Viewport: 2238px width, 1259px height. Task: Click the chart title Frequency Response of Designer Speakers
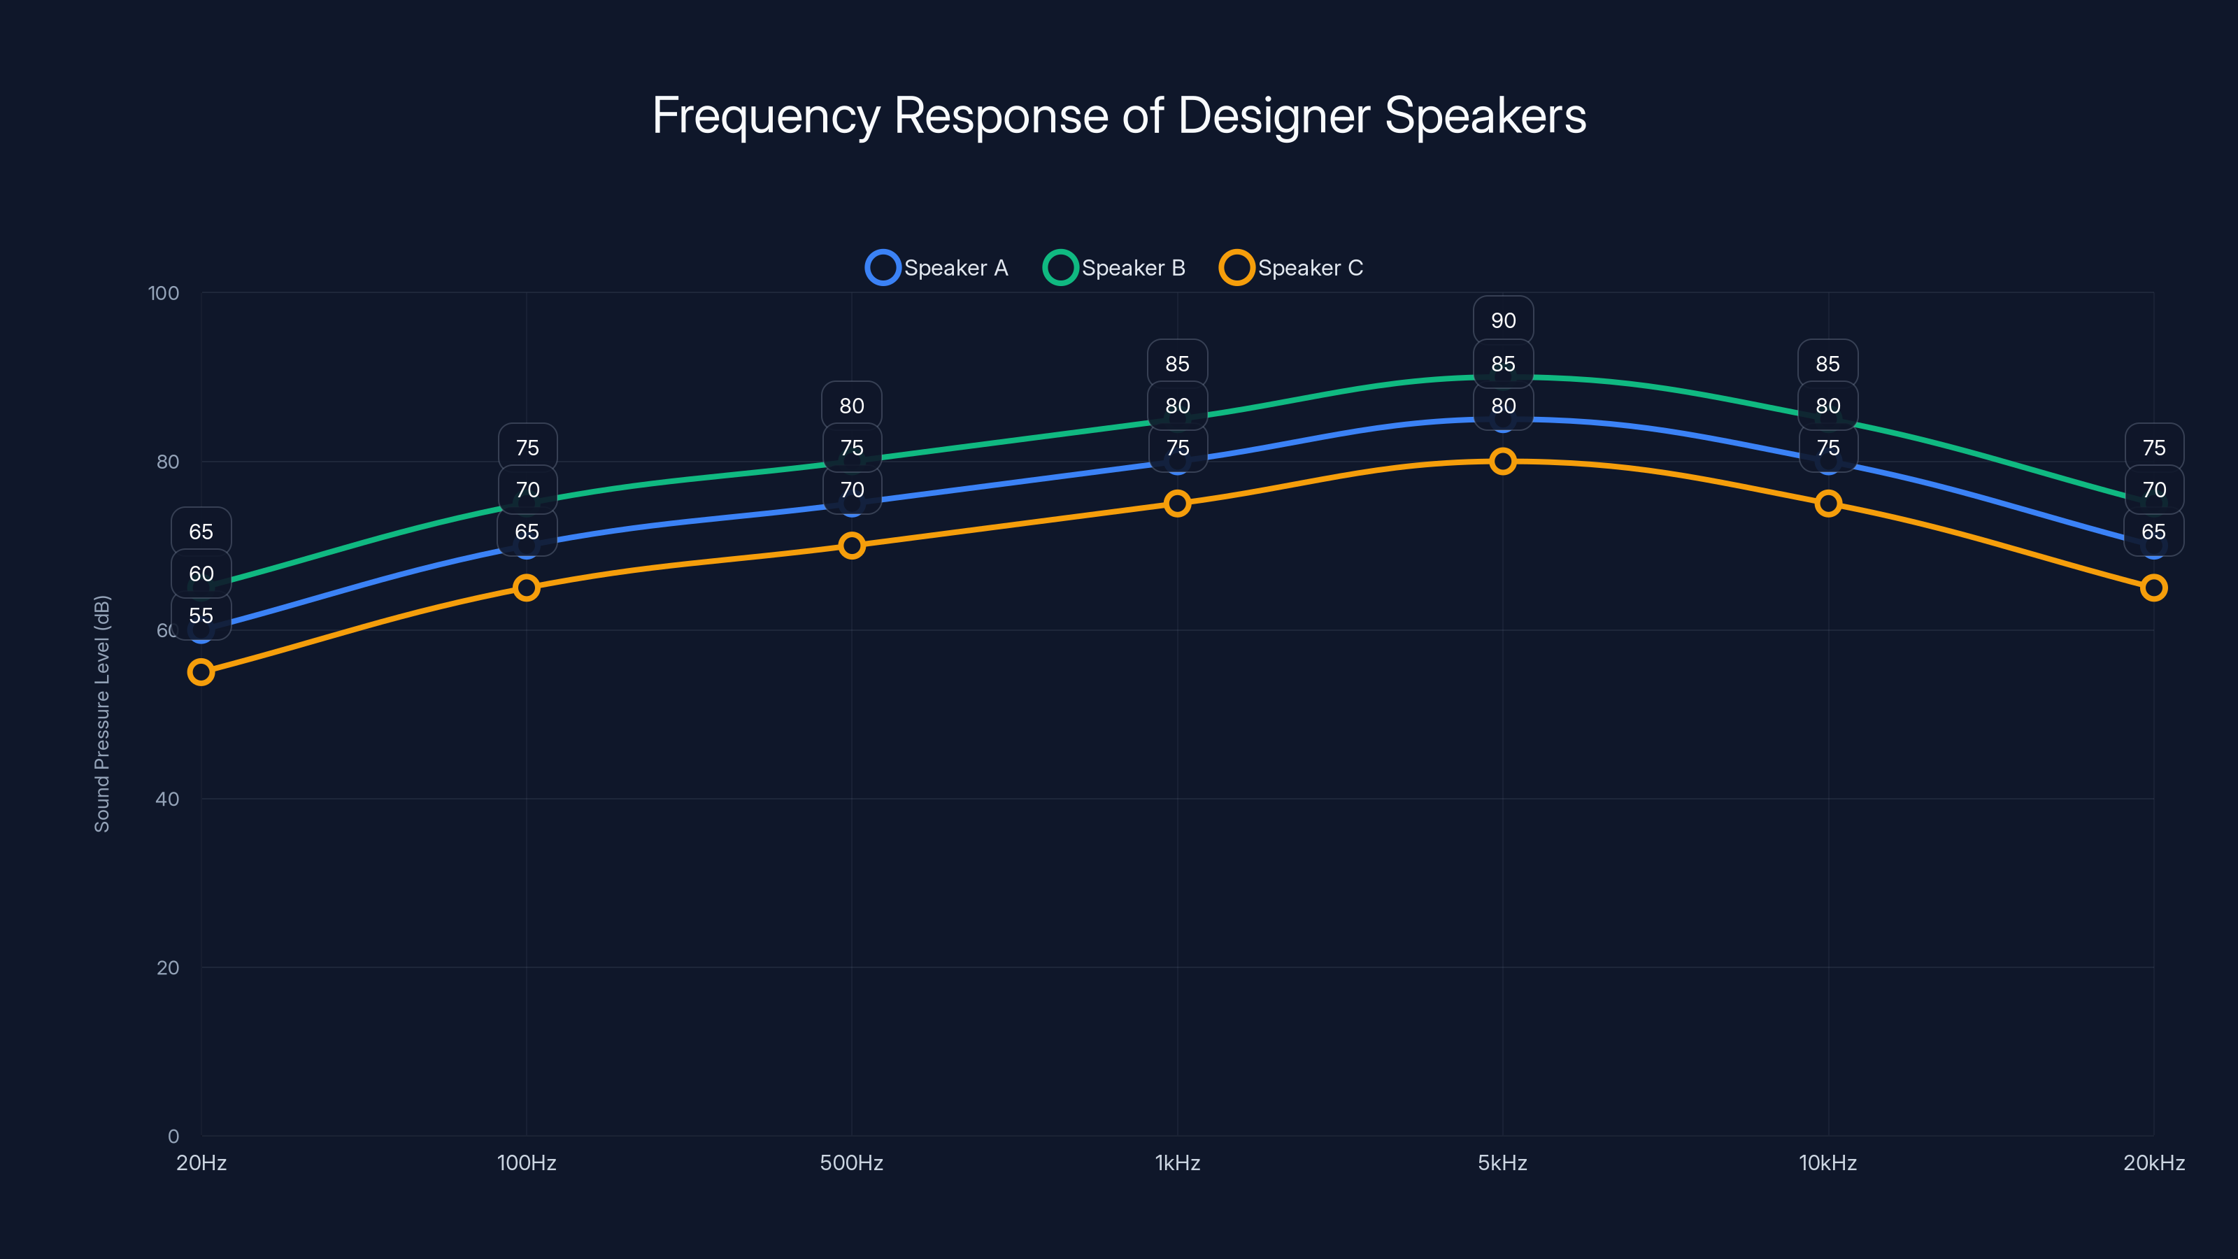tap(1119, 115)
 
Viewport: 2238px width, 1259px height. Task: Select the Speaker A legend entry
tap(937, 268)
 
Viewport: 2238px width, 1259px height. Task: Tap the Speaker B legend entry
tap(1115, 268)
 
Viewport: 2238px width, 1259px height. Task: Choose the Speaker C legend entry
tap(1292, 268)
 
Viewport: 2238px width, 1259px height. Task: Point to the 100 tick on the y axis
tap(164, 293)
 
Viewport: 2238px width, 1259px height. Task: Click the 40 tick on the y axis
tap(167, 799)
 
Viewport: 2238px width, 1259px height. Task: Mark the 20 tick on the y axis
tap(167, 967)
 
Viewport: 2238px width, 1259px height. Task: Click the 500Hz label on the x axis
tap(851, 1162)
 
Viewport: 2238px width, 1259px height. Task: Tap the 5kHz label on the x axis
tap(1502, 1162)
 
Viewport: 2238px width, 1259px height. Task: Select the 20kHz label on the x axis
tap(2153, 1162)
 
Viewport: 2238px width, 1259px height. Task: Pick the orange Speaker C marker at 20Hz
tap(201, 671)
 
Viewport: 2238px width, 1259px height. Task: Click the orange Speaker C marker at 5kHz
tap(1502, 462)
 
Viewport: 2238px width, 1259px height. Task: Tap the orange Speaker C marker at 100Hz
tap(527, 588)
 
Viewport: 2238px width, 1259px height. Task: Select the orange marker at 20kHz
tap(2153, 588)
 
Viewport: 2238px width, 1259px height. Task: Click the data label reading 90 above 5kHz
tap(1503, 320)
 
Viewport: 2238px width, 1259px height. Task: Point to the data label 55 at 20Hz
tap(201, 616)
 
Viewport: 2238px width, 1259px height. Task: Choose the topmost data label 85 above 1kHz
tap(1177, 364)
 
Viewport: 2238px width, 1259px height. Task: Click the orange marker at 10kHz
tap(1828, 503)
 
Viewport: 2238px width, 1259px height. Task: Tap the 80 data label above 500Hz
tap(851, 406)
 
